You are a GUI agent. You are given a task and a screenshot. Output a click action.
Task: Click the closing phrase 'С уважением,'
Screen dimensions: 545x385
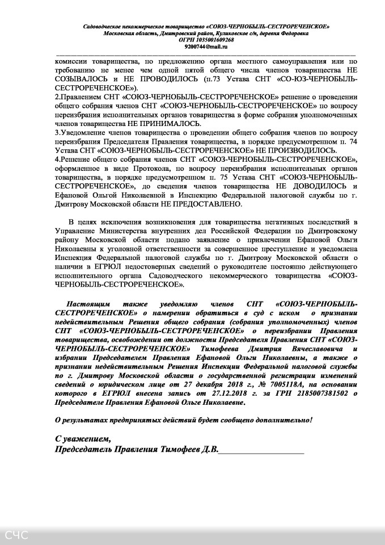[x=83, y=439]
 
